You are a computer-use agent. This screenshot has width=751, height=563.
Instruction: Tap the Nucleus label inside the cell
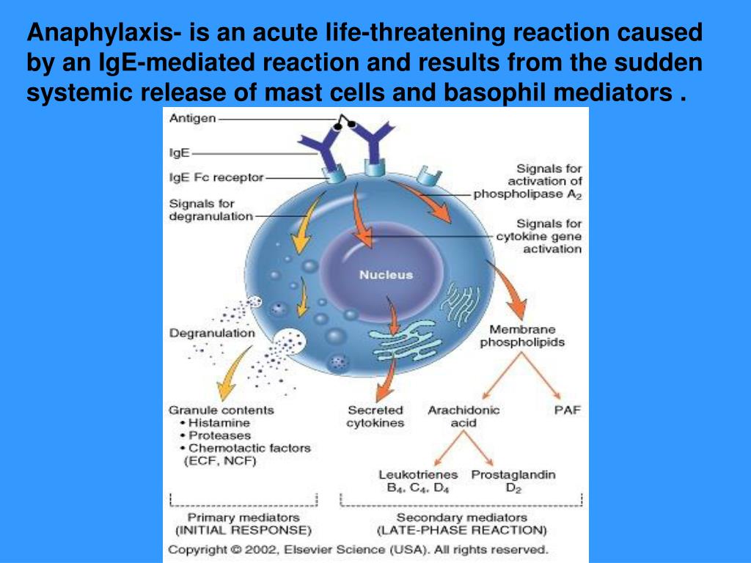pyautogui.click(x=386, y=275)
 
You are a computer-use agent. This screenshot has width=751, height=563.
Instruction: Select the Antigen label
pyautogui.click(x=193, y=118)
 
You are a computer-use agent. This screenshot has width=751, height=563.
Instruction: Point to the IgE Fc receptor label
pyautogui.click(x=216, y=177)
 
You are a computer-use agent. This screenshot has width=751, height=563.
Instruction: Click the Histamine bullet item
pyautogui.click(x=215, y=423)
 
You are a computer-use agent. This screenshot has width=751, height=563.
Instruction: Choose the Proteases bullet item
pyautogui.click(x=216, y=435)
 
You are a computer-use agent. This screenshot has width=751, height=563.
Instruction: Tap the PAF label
pyautogui.click(x=567, y=411)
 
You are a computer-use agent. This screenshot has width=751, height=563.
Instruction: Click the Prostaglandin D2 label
pyautogui.click(x=513, y=481)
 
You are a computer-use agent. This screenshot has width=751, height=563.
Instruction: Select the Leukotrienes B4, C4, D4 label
pyautogui.click(x=418, y=481)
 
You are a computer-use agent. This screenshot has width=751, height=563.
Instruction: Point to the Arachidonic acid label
pyautogui.click(x=464, y=416)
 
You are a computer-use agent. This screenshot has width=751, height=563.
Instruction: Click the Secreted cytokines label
pyautogui.click(x=375, y=416)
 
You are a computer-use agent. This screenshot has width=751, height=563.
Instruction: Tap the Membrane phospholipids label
pyautogui.click(x=522, y=336)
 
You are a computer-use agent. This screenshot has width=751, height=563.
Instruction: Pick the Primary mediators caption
pyautogui.click(x=243, y=523)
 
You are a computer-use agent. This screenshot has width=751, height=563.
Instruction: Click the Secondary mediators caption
pyautogui.click(x=462, y=523)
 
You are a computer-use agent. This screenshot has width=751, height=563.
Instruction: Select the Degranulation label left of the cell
pyautogui.click(x=212, y=334)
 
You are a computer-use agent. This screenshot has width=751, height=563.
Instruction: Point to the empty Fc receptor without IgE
pyautogui.click(x=428, y=176)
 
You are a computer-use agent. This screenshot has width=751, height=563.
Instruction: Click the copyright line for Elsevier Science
pyautogui.click(x=358, y=550)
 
